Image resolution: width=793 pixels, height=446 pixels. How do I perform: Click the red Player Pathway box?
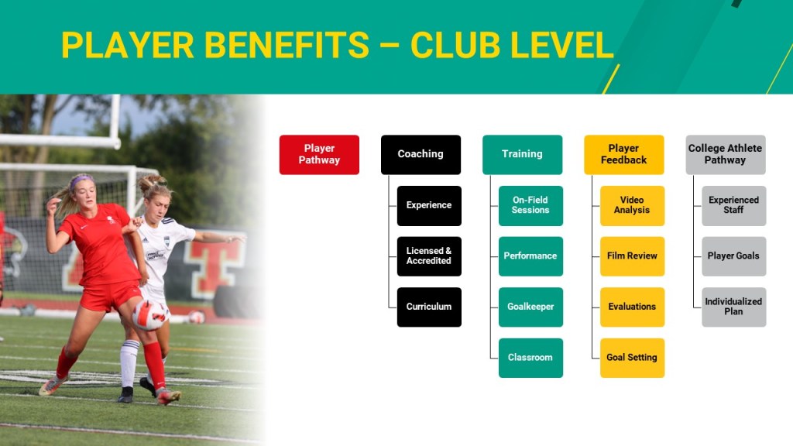pyautogui.click(x=319, y=155)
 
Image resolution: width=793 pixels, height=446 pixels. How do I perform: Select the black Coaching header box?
pyautogui.click(x=421, y=155)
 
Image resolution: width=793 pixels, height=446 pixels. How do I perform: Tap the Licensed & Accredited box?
pyautogui.click(x=429, y=256)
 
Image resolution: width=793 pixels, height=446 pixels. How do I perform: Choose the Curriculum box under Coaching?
pyautogui.click(x=429, y=307)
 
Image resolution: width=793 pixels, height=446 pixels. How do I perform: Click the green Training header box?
pyautogui.click(x=523, y=155)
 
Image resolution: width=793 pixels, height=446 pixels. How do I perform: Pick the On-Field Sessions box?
pyautogui.click(x=530, y=206)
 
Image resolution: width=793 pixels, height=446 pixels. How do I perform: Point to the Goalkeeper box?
pyautogui.click(x=530, y=307)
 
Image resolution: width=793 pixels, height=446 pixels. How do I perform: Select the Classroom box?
pyautogui.click(x=530, y=358)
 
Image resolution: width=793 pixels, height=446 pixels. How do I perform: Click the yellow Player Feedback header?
pyautogui.click(x=624, y=155)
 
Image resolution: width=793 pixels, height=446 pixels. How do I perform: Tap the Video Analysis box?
pyautogui.click(x=632, y=206)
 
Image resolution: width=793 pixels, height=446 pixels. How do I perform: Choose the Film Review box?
pyautogui.click(x=632, y=256)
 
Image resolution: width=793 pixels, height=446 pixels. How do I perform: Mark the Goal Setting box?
pyautogui.click(x=632, y=358)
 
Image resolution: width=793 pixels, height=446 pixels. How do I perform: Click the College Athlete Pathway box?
pyautogui.click(x=726, y=155)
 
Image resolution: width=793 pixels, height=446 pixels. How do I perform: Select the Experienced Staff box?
pyautogui.click(x=734, y=206)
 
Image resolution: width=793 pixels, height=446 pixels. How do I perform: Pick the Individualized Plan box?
pyautogui.click(x=734, y=307)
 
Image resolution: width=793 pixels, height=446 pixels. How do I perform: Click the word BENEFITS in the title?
pyautogui.click(x=287, y=45)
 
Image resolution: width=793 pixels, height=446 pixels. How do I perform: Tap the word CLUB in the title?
pyautogui.click(x=455, y=45)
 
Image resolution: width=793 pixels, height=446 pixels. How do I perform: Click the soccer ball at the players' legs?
pyautogui.click(x=150, y=314)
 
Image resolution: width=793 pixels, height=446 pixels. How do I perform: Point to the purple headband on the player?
pyautogui.click(x=81, y=180)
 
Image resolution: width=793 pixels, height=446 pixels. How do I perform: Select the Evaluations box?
pyautogui.click(x=632, y=307)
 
